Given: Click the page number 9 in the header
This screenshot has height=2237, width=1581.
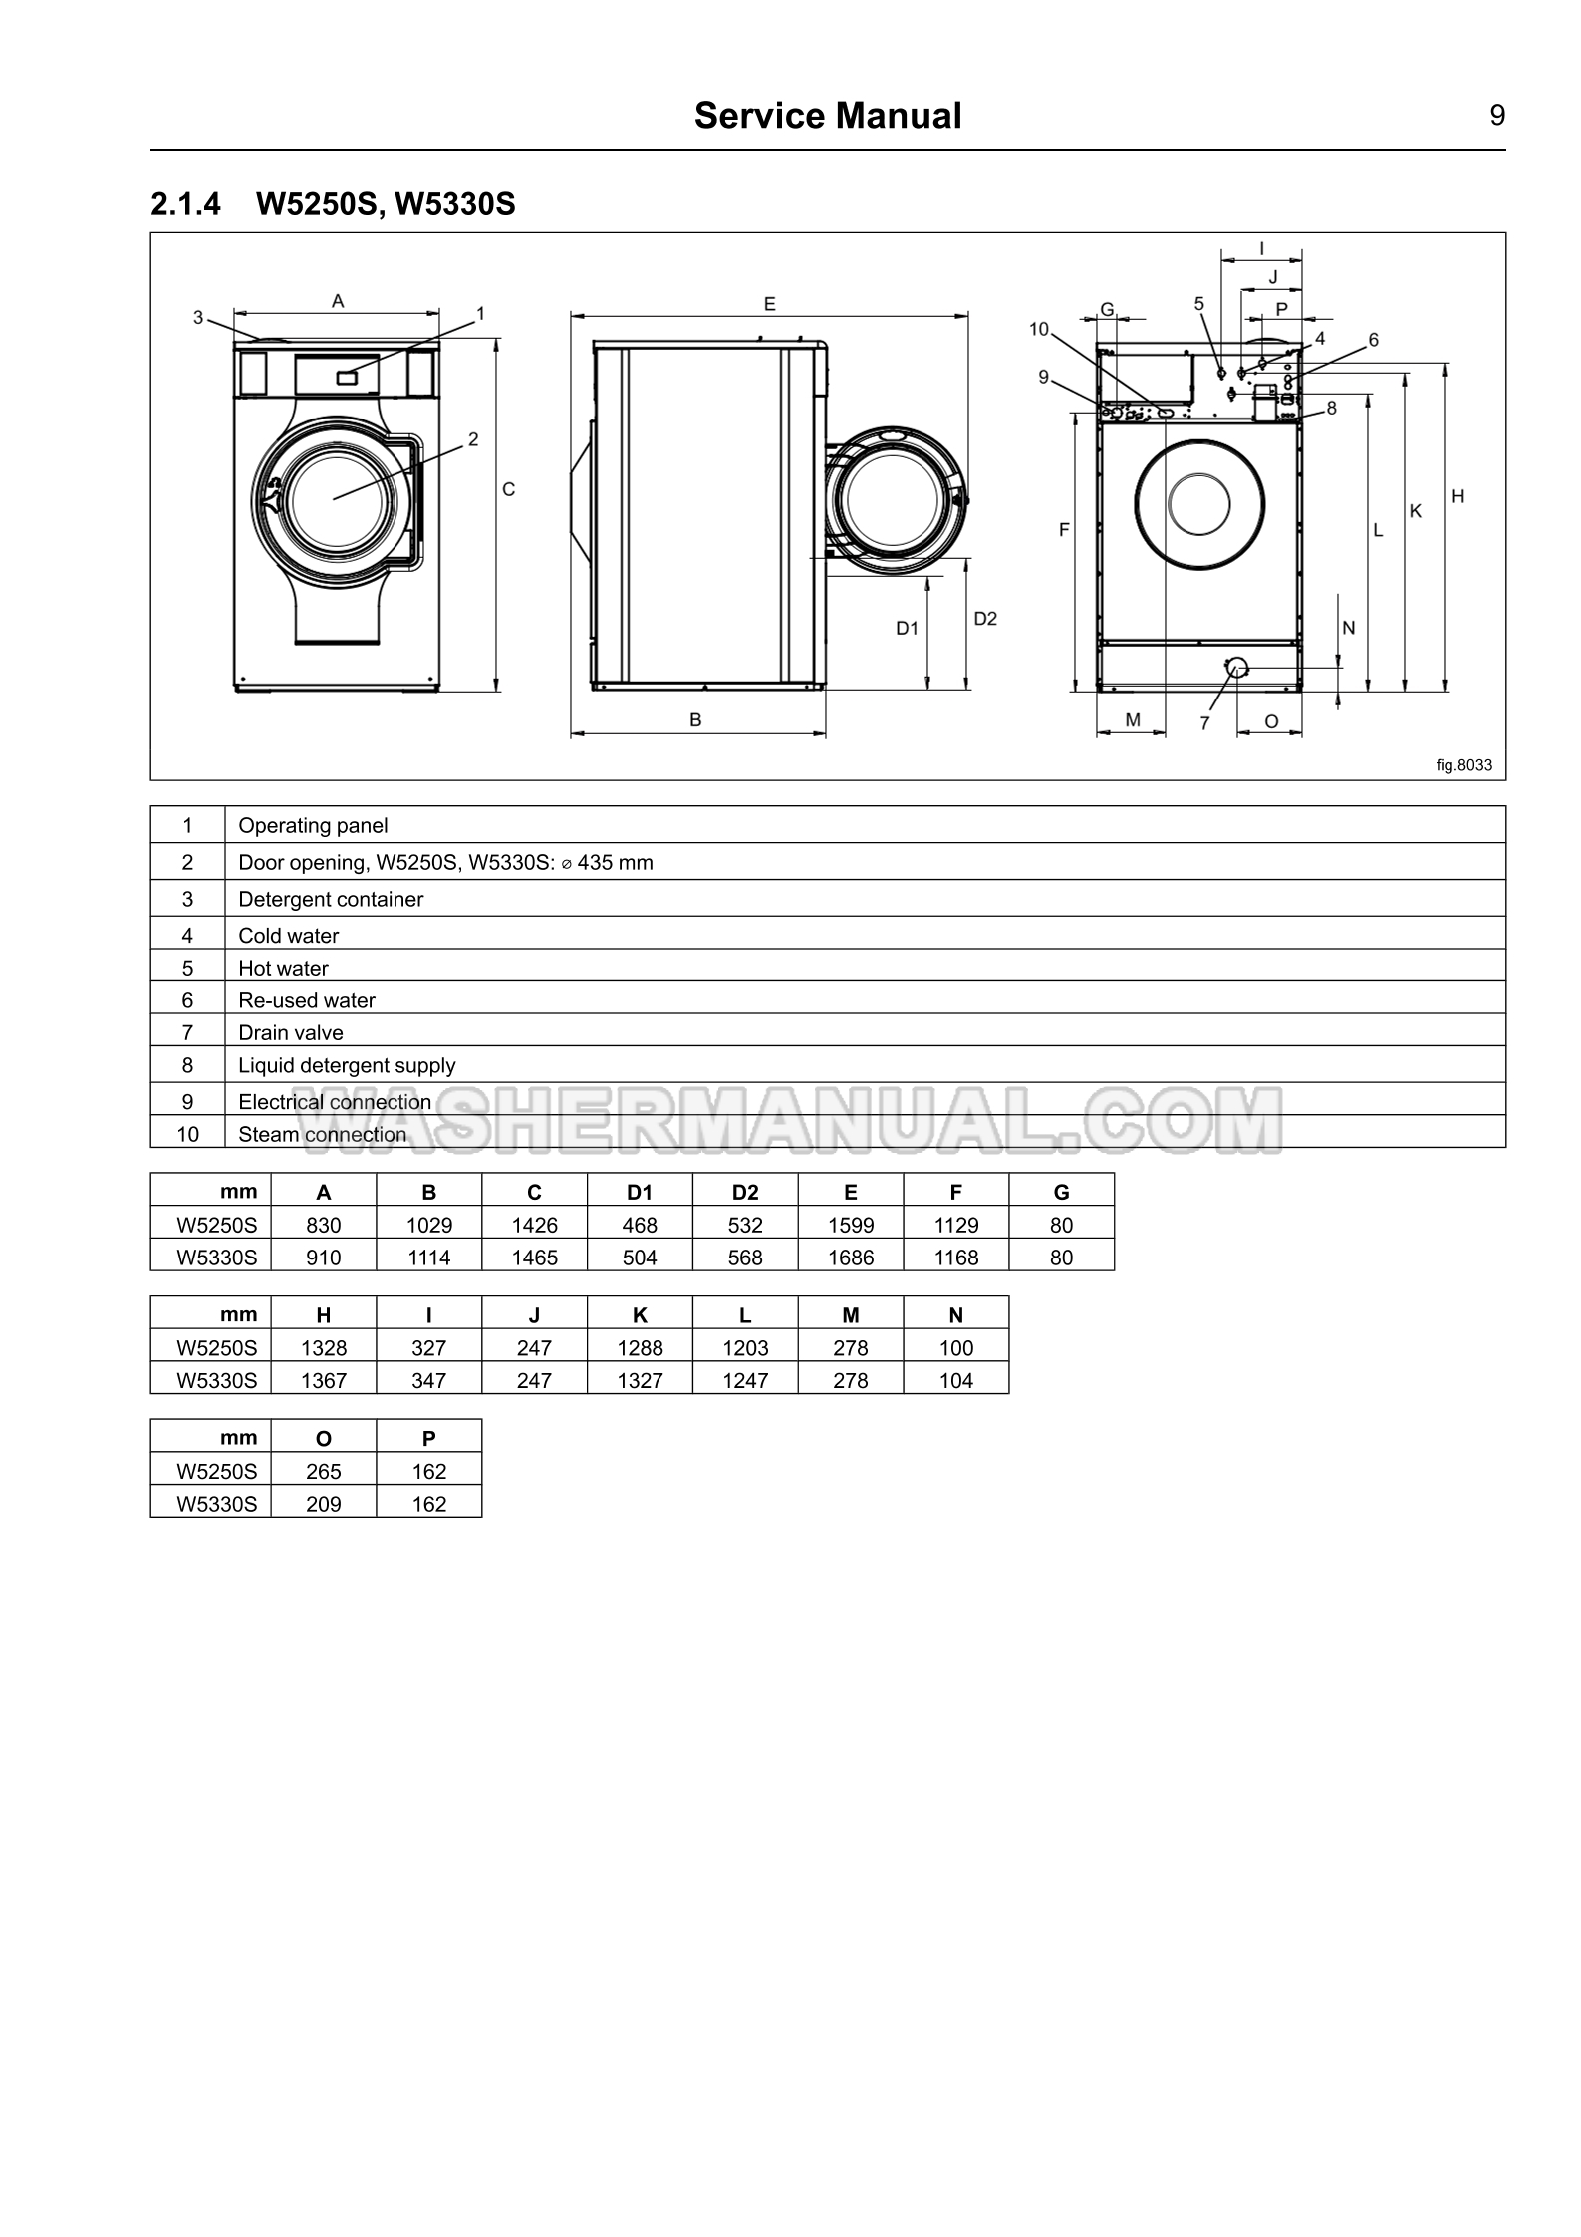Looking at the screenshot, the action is tap(1497, 116).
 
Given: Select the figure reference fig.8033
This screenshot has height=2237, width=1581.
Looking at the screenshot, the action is tap(1463, 765).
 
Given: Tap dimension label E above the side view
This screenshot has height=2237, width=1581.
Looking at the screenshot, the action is tap(770, 304).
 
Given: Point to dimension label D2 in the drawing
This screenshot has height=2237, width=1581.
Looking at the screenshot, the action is tap(985, 619).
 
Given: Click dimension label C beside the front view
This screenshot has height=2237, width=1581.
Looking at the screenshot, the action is tap(508, 489).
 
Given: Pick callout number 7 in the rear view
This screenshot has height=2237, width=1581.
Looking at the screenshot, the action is tap(1204, 723).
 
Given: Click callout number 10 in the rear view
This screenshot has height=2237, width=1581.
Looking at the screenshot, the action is tap(1039, 329).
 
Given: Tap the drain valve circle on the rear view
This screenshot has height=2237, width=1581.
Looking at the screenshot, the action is tap(1236, 667).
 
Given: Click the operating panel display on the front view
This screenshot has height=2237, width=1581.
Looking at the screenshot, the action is tap(348, 377).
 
